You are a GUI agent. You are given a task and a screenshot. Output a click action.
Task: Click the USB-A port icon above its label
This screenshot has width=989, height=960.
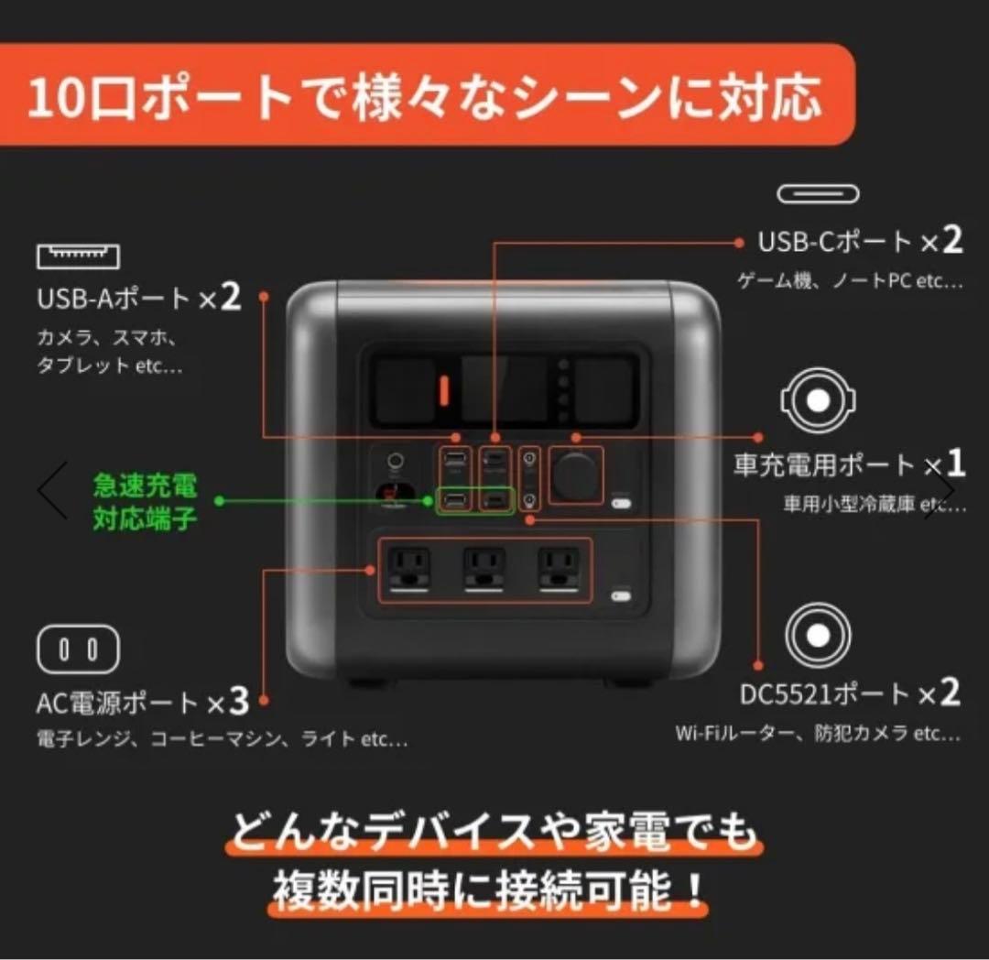coord(78,256)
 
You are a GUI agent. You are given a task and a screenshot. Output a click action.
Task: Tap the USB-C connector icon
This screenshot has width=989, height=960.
coord(819,193)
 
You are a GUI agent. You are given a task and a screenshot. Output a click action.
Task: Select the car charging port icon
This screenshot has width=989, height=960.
coord(819,400)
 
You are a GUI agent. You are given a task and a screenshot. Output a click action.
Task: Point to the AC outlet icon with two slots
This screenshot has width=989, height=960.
coord(78,649)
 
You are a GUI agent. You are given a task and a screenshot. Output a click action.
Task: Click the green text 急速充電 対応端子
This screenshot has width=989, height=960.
coord(145,502)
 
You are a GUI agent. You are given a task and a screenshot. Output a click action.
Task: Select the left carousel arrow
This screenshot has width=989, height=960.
coord(52,490)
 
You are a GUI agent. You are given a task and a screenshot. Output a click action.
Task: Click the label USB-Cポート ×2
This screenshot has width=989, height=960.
coord(860,242)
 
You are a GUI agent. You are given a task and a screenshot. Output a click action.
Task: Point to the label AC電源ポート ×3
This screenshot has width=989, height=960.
coord(143,703)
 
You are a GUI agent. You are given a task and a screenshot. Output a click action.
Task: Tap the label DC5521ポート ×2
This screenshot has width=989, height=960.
coord(850,693)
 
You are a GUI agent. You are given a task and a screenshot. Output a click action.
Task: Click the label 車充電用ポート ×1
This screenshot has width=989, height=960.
coord(850,464)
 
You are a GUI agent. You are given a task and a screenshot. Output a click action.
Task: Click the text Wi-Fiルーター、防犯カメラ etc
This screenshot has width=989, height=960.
coord(819,734)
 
